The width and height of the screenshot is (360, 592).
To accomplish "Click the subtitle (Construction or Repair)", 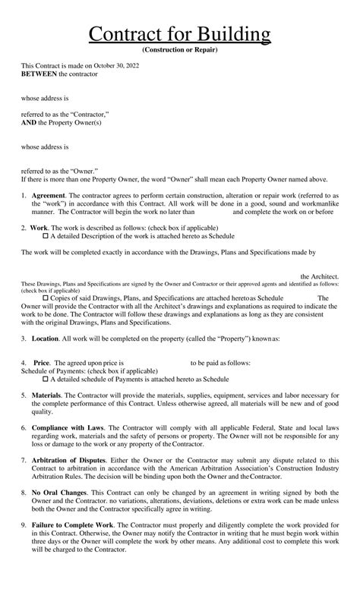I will (179, 49).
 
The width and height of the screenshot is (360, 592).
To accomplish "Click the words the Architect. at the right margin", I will (319, 276).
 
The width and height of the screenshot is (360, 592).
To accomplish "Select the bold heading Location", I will (45, 338).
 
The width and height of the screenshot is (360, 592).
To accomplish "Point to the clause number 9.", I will (23, 525).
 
